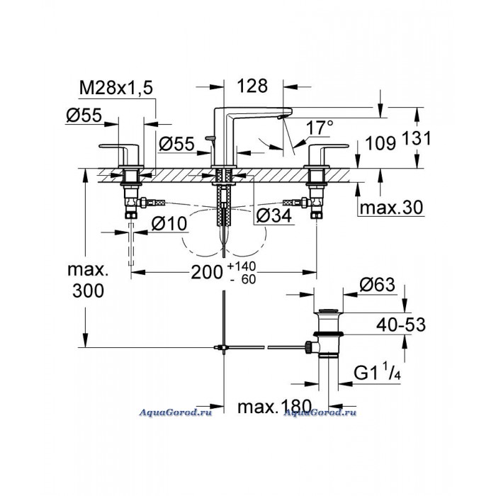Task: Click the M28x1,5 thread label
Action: pyautogui.click(x=116, y=88)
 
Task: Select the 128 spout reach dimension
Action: pyautogui.click(x=252, y=86)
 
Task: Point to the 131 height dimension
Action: pyautogui.click(x=417, y=138)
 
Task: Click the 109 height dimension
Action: pyautogui.click(x=381, y=143)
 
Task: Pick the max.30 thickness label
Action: pyautogui.click(x=391, y=208)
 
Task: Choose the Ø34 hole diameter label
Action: pyautogui.click(x=274, y=216)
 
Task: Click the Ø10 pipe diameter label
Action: pyautogui.click(x=169, y=224)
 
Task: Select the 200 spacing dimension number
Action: pyautogui.click(x=207, y=272)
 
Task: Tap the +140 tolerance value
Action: pyautogui.click(x=242, y=266)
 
